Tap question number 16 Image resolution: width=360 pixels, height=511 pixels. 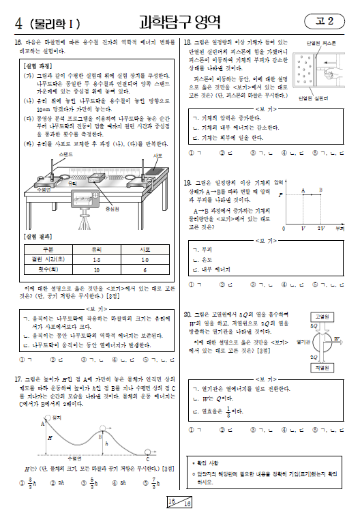(18, 42)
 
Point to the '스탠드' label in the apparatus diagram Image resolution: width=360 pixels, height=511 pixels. (66, 155)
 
